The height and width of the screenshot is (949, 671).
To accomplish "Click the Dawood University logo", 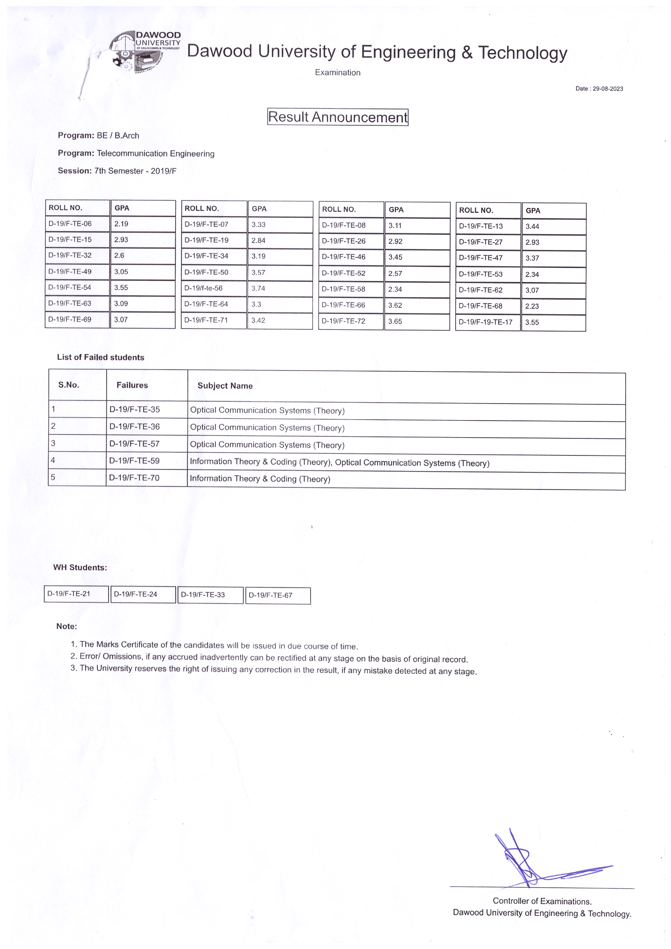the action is pyautogui.click(x=144, y=52).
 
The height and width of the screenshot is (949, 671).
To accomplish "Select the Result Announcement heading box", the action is pyautogui.click(x=338, y=117).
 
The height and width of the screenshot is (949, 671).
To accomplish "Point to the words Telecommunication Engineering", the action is pyautogui.click(x=155, y=154).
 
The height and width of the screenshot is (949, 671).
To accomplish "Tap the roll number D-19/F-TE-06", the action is pyautogui.click(x=70, y=224).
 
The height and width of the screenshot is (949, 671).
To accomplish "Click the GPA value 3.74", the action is pyautogui.click(x=258, y=289).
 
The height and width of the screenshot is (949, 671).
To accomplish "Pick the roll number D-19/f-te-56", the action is pyautogui.click(x=203, y=288).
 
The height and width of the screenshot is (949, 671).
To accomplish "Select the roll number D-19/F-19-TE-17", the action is pyautogui.click(x=486, y=322).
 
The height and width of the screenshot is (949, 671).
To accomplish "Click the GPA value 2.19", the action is pyautogui.click(x=121, y=224).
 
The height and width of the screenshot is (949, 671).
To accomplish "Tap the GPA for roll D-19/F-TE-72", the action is pyautogui.click(x=395, y=321).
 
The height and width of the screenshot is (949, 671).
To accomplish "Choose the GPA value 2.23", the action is pyautogui.click(x=532, y=306).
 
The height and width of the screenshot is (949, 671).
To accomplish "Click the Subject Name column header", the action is pyautogui.click(x=225, y=386).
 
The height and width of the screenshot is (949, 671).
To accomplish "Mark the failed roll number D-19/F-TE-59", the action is pyautogui.click(x=134, y=461).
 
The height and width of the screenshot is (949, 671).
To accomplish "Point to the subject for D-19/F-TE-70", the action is pyautogui.click(x=260, y=479).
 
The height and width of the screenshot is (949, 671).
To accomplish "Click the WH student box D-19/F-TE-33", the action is pyautogui.click(x=203, y=595).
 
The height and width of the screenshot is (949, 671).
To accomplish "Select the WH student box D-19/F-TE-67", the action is pyautogui.click(x=271, y=595).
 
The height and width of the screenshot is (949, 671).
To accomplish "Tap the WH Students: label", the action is pyautogui.click(x=80, y=567).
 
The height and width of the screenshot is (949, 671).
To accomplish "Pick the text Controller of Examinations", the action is pyautogui.click(x=542, y=901).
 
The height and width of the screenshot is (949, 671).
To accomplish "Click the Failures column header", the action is pyautogui.click(x=132, y=385).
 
